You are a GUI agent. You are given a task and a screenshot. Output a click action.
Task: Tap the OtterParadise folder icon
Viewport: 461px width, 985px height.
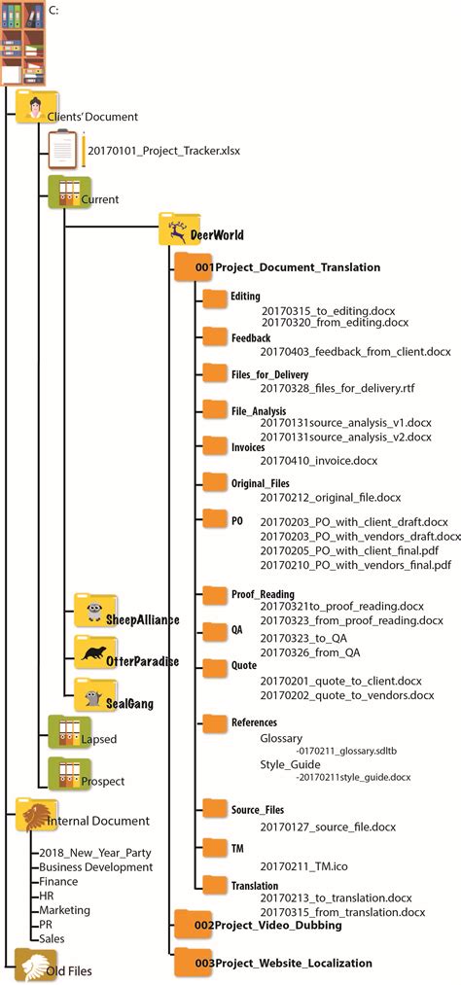95,652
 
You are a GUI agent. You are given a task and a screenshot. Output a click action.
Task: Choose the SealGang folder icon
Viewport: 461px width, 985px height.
95,694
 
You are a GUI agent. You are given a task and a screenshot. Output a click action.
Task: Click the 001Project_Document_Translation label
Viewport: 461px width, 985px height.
287,266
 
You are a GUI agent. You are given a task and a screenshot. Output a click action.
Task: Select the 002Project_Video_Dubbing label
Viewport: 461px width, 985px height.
267,925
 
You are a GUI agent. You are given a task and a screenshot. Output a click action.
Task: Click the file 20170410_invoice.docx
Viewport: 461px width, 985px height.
318,460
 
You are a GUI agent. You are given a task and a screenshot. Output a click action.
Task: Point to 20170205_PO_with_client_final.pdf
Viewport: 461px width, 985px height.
355,549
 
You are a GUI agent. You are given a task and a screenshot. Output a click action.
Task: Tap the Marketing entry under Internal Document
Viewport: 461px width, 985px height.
64,910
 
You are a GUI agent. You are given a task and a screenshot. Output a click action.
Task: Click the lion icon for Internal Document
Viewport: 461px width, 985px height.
30,813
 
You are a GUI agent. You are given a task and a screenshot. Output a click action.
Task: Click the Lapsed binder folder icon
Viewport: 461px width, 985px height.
64,732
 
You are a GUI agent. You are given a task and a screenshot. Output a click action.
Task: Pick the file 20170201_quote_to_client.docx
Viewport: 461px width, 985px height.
340,681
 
